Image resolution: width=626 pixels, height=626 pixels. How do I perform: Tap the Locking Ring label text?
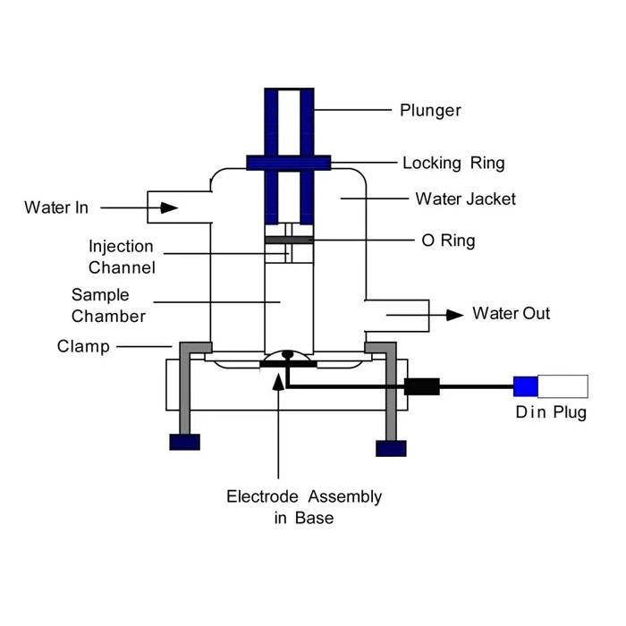pos(453,163)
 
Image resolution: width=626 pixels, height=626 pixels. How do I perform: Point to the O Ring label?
pos(448,241)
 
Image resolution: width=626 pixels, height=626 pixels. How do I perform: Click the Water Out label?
pos(512,314)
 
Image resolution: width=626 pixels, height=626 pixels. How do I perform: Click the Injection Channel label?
pos(121,256)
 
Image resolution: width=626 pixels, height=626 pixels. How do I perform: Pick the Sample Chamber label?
pos(108,305)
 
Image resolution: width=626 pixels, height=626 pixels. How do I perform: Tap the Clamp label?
pos(84,345)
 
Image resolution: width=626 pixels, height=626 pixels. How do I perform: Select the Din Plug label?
pos(550,413)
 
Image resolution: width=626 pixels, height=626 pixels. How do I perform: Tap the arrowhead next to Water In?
pos(169,207)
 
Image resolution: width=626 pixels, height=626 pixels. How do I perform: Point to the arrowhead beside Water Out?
pos(455,314)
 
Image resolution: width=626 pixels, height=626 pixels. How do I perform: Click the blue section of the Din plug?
pos(526,386)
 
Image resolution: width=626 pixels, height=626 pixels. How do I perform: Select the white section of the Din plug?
pos(563,386)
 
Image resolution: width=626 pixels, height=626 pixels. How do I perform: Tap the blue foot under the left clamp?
pos(185,441)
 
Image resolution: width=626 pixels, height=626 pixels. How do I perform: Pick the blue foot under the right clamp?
pos(390,447)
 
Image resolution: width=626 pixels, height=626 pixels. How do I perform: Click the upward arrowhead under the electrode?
pos(280,383)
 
